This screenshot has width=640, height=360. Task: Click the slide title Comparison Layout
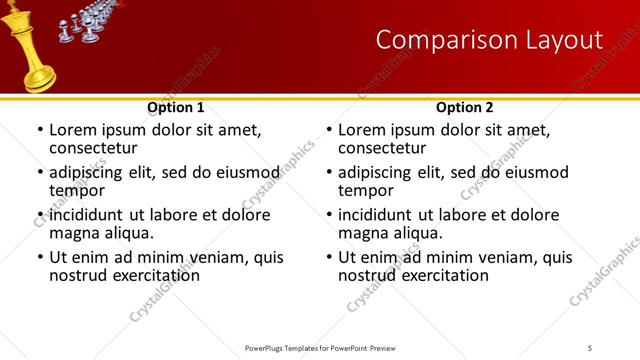click(489, 40)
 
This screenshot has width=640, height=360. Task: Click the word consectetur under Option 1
click(99, 147)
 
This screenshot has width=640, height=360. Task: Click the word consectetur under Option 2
click(388, 147)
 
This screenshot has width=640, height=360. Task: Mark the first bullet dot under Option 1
click(39, 131)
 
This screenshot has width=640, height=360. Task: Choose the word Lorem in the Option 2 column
click(362, 130)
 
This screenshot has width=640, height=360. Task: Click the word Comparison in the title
click(439, 40)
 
